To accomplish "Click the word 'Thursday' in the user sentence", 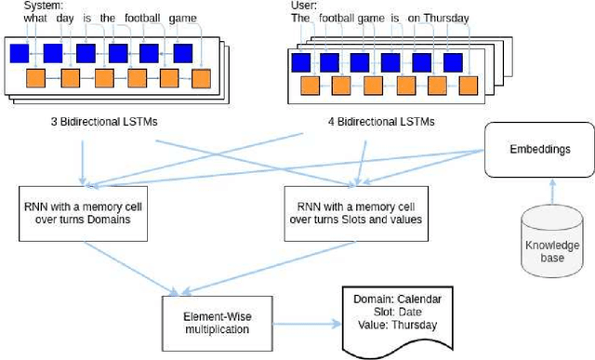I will pyautogui.click(x=445, y=18).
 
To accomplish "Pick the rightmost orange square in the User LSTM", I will pyautogui.click(x=471, y=87).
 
